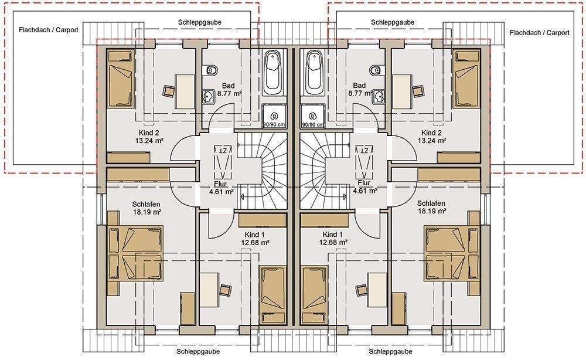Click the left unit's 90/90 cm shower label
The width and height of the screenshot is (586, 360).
274,124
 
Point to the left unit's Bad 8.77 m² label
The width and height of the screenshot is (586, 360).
229,90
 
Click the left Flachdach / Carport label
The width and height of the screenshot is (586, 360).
49,30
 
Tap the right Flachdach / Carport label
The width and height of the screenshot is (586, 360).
540,33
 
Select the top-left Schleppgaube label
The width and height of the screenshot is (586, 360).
200,22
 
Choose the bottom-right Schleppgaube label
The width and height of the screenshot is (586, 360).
390,351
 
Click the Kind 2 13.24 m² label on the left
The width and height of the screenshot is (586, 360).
149,137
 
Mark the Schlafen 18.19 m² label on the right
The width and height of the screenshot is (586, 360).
431,207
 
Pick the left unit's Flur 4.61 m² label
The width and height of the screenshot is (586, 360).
222,188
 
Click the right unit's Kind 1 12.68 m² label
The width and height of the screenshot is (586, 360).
333,239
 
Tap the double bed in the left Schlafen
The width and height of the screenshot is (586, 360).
135,253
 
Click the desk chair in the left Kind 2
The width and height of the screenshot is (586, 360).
169,91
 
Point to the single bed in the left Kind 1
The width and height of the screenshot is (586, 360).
272,296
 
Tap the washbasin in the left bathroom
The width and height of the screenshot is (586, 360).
209,97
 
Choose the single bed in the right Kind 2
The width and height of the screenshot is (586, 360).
466,79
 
